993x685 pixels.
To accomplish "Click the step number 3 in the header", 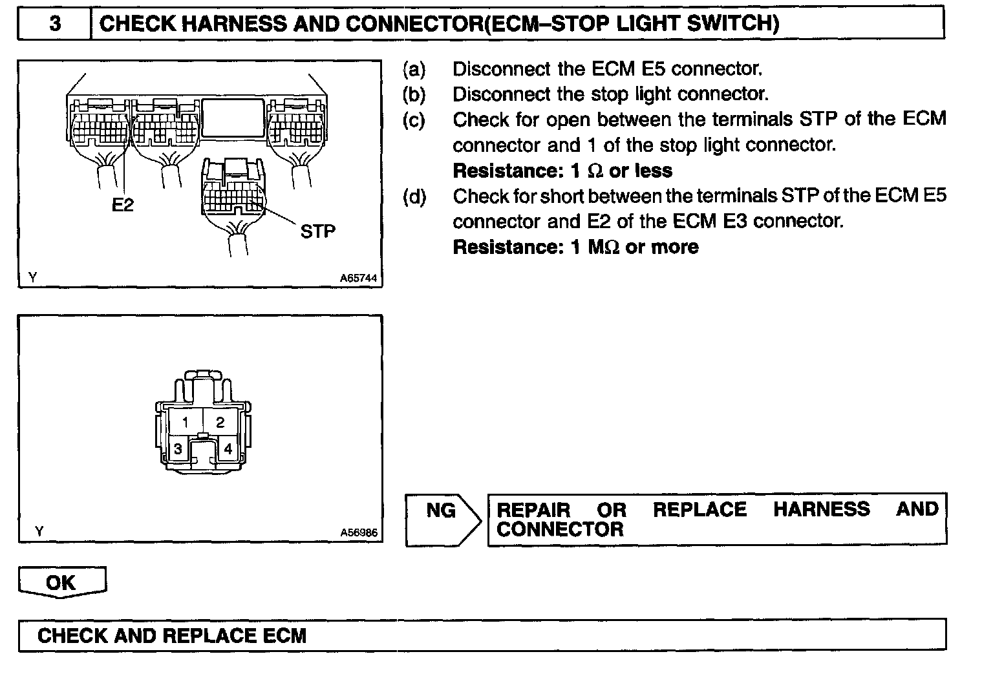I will pos(55,24).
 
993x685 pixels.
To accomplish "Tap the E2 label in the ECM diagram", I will pos(122,205).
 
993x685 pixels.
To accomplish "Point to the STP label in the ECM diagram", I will pos(318,231).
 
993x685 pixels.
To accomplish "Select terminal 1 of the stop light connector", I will pos(185,423).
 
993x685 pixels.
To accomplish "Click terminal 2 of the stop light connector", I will pos(220,423).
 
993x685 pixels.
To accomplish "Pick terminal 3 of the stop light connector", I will pos(178,448).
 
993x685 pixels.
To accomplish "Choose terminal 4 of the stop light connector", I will pos(228,448).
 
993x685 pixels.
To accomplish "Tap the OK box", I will pos(61,582).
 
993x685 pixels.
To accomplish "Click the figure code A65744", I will pos(359,279).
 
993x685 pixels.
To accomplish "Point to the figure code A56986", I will pos(359,533).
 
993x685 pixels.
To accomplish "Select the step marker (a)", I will pos(414,68).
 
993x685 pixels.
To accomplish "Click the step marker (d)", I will pos(414,196).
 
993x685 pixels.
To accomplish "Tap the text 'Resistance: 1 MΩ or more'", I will pos(575,247).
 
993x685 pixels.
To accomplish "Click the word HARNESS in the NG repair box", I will pos(821,509).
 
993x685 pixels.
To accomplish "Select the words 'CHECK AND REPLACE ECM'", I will pos(172,635).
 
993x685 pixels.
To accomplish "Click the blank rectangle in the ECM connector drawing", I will pos(233,118).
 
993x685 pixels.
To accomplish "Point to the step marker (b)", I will pos(414,94).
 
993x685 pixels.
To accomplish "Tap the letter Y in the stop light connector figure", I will pos(39,531).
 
